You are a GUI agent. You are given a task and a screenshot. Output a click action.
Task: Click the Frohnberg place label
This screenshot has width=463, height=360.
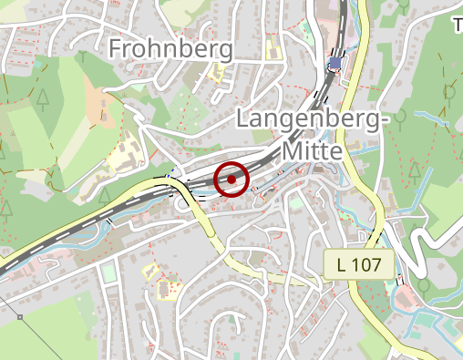pyautogui.click(x=170, y=48)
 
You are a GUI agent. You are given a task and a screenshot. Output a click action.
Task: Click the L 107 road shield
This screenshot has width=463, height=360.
pyautogui.click(x=359, y=265)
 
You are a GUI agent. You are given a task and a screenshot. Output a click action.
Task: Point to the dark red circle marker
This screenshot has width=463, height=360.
pyautogui.click(x=232, y=180)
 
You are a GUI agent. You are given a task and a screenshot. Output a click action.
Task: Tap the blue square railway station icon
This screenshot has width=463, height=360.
pyautogui.click(x=336, y=64)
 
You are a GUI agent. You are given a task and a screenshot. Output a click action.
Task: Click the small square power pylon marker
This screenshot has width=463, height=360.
pyautogui.click(x=20, y=317)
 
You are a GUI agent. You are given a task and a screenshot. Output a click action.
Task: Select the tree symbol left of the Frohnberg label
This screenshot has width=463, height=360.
pyautogui.click(x=84, y=56)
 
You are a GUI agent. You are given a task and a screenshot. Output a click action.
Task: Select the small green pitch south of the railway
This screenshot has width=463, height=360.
pyautogui.click(x=109, y=273)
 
